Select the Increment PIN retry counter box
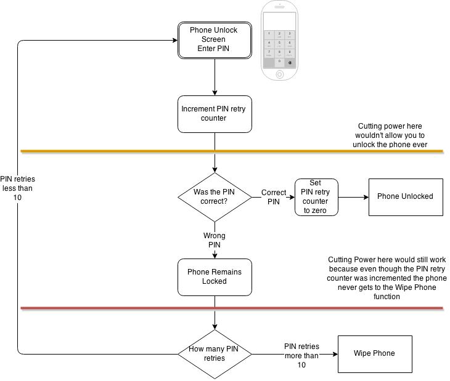[214, 114]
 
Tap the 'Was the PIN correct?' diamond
[214, 196]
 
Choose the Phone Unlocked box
[405, 197]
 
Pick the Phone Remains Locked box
[214, 276]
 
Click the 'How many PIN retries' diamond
[214, 354]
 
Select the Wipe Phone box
[374, 354]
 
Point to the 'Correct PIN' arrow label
[274, 197]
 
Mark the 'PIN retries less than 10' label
[17, 188]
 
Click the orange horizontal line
[123, 150]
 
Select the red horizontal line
[123, 308]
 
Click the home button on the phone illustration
[280, 74]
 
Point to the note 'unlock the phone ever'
[390, 145]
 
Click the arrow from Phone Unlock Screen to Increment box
[214, 77]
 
